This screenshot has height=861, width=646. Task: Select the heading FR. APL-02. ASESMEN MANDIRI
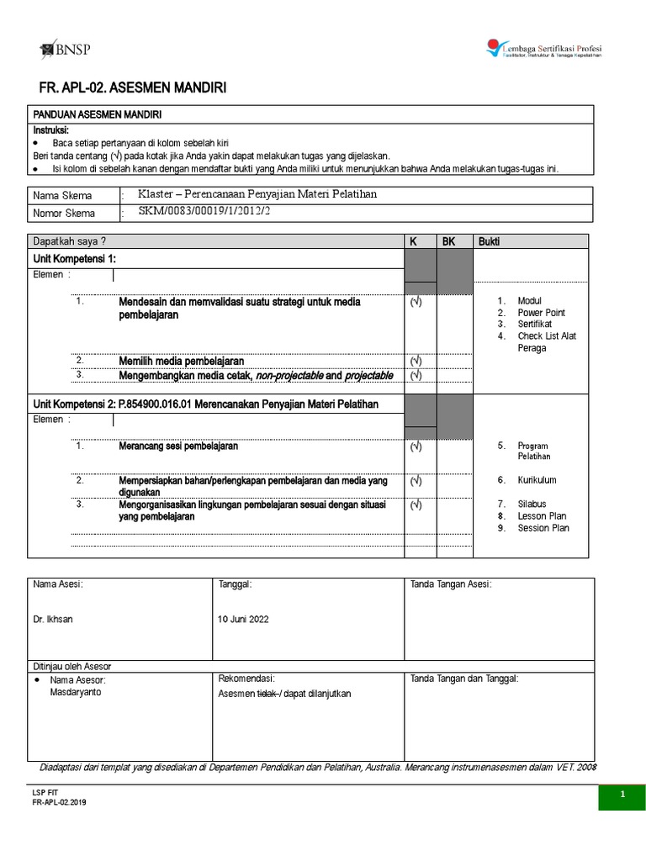click(x=132, y=88)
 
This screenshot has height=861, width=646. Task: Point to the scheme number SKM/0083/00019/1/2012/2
click(x=206, y=211)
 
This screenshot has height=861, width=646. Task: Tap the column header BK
click(x=448, y=241)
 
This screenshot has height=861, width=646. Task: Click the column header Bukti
click(x=489, y=241)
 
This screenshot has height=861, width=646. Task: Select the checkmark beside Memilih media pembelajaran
click(x=415, y=361)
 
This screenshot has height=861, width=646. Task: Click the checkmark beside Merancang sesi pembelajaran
click(x=415, y=447)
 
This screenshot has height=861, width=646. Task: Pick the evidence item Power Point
click(x=541, y=312)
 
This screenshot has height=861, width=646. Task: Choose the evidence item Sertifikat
click(x=535, y=324)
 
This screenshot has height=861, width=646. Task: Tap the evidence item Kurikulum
click(x=537, y=480)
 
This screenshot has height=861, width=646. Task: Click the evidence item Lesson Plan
click(x=542, y=515)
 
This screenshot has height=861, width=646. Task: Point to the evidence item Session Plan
click(x=543, y=527)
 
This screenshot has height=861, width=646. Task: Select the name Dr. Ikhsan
click(x=53, y=619)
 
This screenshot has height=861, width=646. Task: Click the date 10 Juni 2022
click(x=244, y=619)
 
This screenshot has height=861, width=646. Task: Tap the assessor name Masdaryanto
click(x=76, y=692)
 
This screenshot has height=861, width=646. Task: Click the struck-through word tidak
click(x=267, y=694)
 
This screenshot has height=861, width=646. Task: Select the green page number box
click(x=622, y=794)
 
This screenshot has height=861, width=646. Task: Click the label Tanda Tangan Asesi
click(x=451, y=584)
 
